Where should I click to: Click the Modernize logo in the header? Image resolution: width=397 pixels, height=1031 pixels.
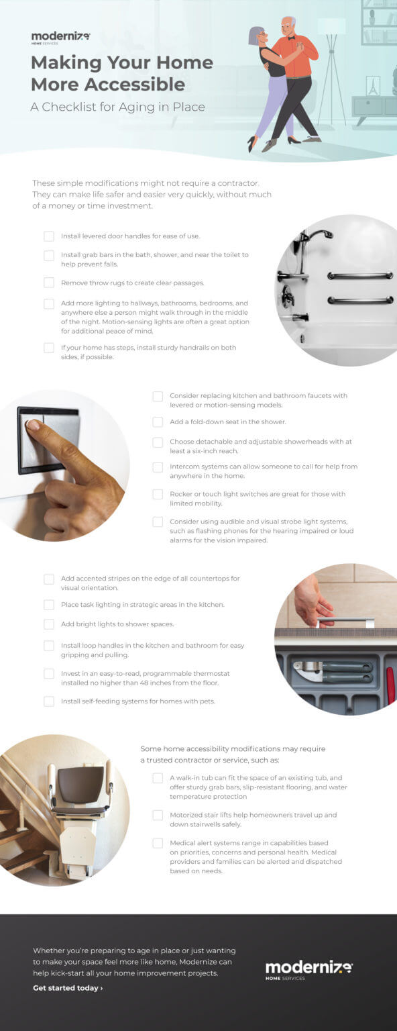[60, 37]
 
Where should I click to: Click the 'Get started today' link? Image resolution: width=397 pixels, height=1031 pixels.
[68, 988]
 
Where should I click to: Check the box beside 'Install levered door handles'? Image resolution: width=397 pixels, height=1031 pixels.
[49, 236]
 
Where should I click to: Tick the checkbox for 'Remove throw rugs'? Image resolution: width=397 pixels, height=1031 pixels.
[49, 283]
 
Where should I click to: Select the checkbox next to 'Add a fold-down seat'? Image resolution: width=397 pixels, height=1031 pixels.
[158, 422]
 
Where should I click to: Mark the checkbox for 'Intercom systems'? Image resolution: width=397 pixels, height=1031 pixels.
[158, 467]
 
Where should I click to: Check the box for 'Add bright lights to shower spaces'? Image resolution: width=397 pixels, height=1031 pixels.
[49, 624]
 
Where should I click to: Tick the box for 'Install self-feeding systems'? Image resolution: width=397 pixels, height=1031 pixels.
[49, 701]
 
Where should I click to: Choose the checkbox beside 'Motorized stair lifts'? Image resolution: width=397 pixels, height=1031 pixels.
[158, 815]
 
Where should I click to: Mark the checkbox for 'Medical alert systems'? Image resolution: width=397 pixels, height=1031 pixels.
[158, 843]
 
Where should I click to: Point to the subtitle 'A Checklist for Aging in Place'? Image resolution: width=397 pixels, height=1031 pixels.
[117, 107]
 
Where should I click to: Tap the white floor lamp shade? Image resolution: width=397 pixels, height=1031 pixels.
[331, 26]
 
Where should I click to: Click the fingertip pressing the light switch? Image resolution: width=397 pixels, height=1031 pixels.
[32, 424]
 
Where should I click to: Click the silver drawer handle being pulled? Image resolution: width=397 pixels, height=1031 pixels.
[345, 620]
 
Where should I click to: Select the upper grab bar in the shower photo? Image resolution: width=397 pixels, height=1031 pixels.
[360, 275]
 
